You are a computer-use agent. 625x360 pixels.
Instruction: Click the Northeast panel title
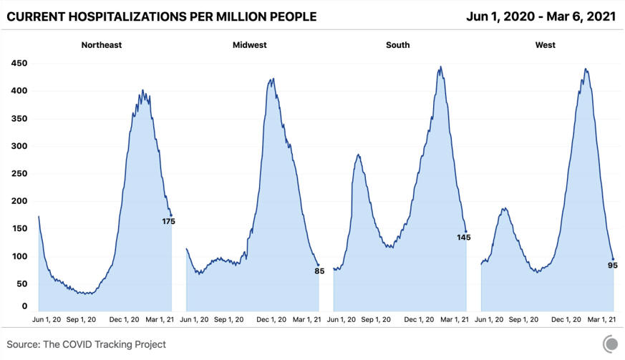click(x=101, y=45)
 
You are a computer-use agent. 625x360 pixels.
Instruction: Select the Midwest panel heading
click(x=250, y=45)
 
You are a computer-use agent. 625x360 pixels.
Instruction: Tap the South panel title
click(x=398, y=45)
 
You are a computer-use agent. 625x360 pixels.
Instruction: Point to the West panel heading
click(x=546, y=45)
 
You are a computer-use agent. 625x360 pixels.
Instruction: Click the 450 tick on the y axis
click(x=19, y=64)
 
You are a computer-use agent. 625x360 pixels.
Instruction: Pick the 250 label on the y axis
click(x=19, y=173)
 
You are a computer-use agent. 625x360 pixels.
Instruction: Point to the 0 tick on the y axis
click(x=25, y=306)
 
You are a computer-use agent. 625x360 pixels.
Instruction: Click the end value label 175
click(x=169, y=222)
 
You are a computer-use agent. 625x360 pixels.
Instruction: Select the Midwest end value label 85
click(x=319, y=271)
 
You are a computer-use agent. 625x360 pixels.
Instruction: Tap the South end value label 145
click(x=464, y=238)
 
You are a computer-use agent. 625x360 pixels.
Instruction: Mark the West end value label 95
click(x=613, y=266)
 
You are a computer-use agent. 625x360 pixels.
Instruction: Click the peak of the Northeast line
click(x=142, y=90)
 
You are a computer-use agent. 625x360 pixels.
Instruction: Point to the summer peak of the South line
click(x=359, y=155)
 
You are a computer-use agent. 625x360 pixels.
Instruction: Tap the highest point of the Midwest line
click(x=273, y=79)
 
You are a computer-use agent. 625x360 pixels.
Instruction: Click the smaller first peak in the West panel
click(x=505, y=208)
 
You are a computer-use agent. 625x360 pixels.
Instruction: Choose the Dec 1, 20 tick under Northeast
click(x=124, y=320)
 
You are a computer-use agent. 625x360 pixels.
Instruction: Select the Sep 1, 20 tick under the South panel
click(x=376, y=320)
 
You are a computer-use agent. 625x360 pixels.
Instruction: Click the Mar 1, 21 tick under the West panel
click(x=601, y=320)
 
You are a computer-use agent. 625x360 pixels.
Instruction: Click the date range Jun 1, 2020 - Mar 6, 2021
click(x=541, y=16)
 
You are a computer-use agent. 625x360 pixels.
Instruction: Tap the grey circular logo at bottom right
click(x=610, y=344)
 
